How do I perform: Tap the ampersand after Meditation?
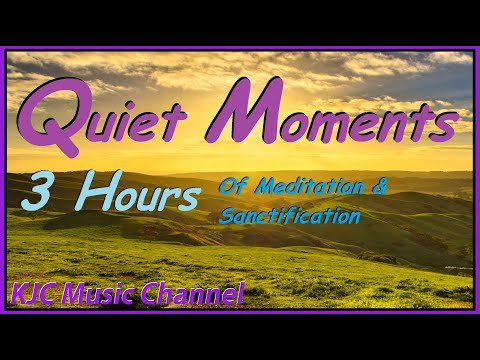click(376, 187)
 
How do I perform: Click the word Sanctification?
click(290, 213)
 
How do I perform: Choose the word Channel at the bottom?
click(195, 294)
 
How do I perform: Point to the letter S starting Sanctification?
click(226, 213)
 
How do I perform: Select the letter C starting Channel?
click(157, 294)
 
